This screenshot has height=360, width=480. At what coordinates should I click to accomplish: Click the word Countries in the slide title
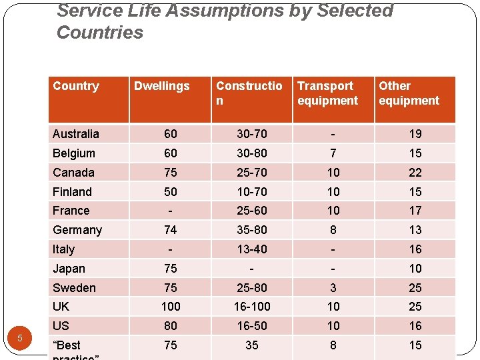coord(100,33)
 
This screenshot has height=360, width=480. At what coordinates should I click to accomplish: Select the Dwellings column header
coord(161,86)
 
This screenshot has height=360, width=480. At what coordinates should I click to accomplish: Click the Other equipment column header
coord(409,93)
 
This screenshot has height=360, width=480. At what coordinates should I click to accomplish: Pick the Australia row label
coord(76,134)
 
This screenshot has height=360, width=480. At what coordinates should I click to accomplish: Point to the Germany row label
coord(77,230)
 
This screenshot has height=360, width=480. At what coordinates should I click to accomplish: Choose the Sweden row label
coord(74,288)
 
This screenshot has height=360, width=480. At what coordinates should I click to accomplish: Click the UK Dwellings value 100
coord(171,307)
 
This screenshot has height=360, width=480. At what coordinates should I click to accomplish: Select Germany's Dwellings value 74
coord(171,230)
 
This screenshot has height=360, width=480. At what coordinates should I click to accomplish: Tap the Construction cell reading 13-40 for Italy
coord(252,249)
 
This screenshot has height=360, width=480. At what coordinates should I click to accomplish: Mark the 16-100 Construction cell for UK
coord(252,307)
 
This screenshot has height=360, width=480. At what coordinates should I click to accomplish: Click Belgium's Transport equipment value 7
coord(333,153)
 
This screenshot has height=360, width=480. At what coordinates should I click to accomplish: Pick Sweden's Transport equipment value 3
coord(333,288)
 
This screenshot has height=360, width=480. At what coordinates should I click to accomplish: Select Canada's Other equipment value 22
coord(415,173)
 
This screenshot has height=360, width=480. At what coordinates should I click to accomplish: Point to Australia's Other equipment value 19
coord(415,134)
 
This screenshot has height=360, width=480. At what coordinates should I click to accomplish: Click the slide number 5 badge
coord(20,338)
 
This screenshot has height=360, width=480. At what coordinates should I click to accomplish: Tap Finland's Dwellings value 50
coord(171,192)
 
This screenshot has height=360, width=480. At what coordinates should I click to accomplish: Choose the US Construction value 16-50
coord(252,326)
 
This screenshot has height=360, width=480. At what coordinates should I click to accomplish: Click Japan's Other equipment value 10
coord(415,269)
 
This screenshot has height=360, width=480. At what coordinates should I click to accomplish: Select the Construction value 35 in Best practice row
coord(252,345)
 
